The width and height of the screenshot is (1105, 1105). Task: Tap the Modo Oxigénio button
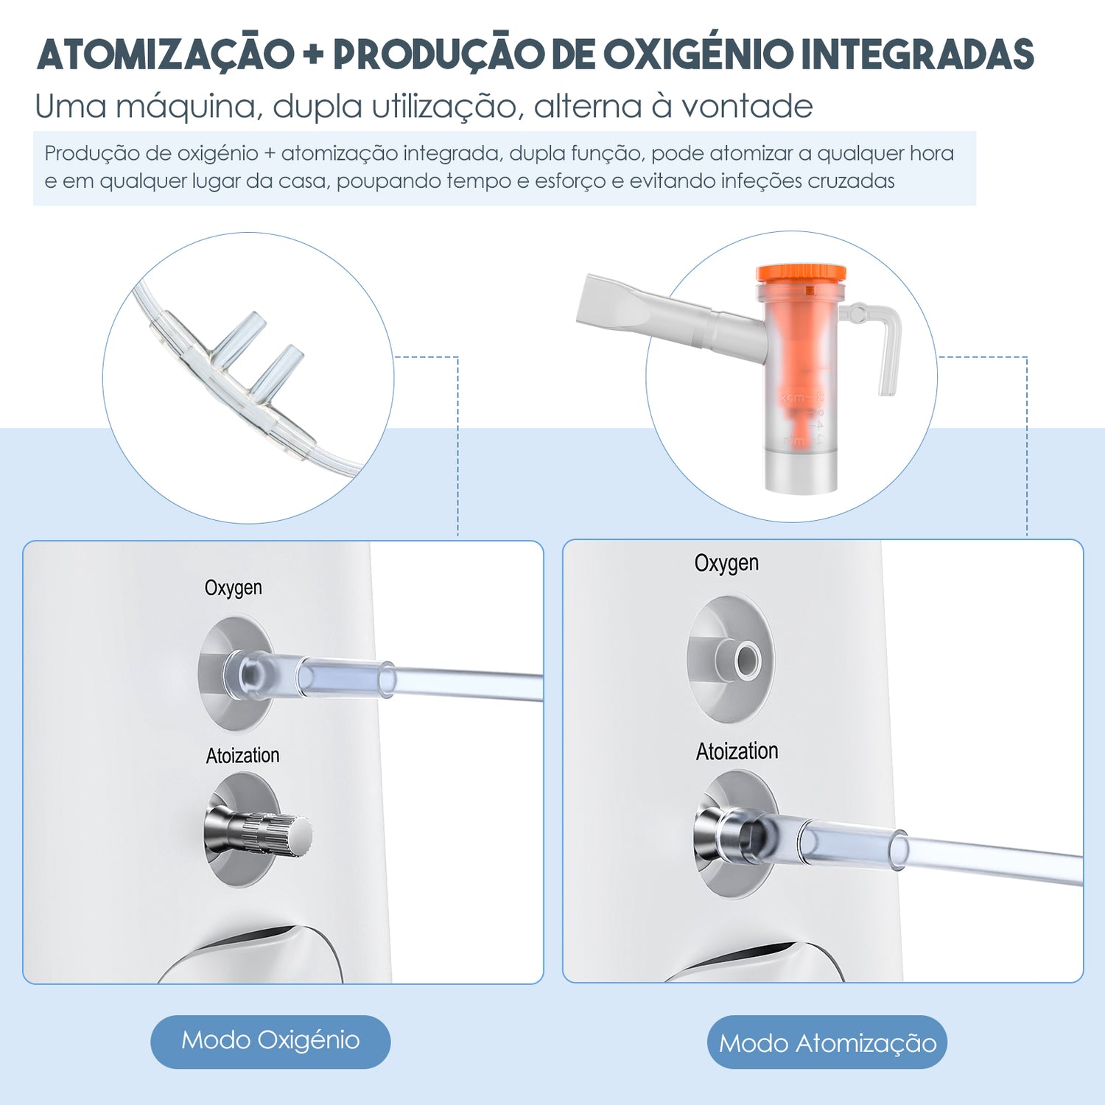pyautogui.click(x=270, y=1041)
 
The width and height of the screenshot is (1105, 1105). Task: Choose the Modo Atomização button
pyautogui.click(x=827, y=1042)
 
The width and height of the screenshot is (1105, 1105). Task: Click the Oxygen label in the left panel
pyautogui.click(x=233, y=589)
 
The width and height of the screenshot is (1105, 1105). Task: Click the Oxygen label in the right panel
pyautogui.click(x=726, y=564)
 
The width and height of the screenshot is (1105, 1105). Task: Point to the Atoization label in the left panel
pyautogui.click(x=242, y=756)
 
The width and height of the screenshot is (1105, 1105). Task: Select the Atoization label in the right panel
pyautogui.click(x=737, y=751)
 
